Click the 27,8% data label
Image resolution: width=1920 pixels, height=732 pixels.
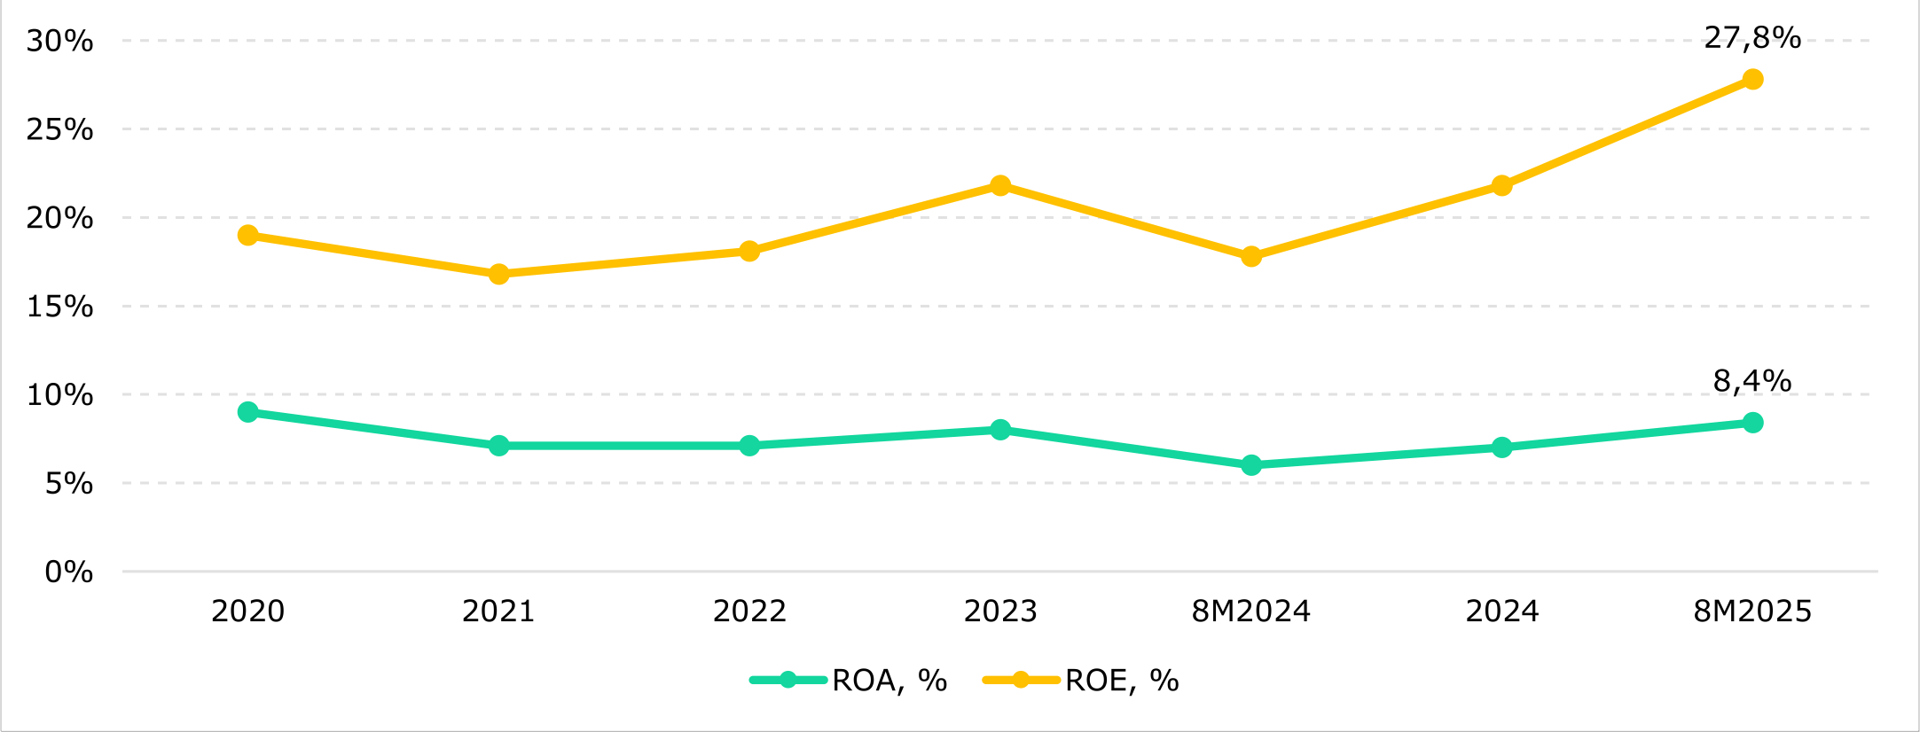pos(1752,38)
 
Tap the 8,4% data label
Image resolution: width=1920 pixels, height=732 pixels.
pos(1752,381)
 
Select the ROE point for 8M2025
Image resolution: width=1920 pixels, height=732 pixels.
pos(1752,80)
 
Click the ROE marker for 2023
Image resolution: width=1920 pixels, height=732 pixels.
pos(1000,185)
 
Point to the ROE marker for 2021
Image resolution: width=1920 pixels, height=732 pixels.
pos(498,275)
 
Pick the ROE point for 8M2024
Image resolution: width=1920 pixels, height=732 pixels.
pos(1251,257)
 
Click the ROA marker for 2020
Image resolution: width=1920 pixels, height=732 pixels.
pos(248,412)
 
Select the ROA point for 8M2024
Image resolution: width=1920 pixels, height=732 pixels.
pos(1251,465)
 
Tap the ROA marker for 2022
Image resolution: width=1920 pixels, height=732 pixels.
pos(749,446)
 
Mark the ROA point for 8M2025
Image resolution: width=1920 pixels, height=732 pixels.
pos(1752,423)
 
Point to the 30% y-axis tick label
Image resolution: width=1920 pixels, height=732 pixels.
pos(59,41)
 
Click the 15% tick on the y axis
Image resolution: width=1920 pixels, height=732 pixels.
pos(59,307)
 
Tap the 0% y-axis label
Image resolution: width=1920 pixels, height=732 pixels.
pos(68,572)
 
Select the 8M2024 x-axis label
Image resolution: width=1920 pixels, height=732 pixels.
pos(1251,611)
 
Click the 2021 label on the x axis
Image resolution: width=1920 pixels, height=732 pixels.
pos(498,611)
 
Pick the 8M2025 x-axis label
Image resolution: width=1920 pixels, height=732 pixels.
pos(1752,611)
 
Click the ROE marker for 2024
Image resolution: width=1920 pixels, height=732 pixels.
pos(1501,185)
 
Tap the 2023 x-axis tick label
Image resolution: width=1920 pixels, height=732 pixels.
pos(1000,611)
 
